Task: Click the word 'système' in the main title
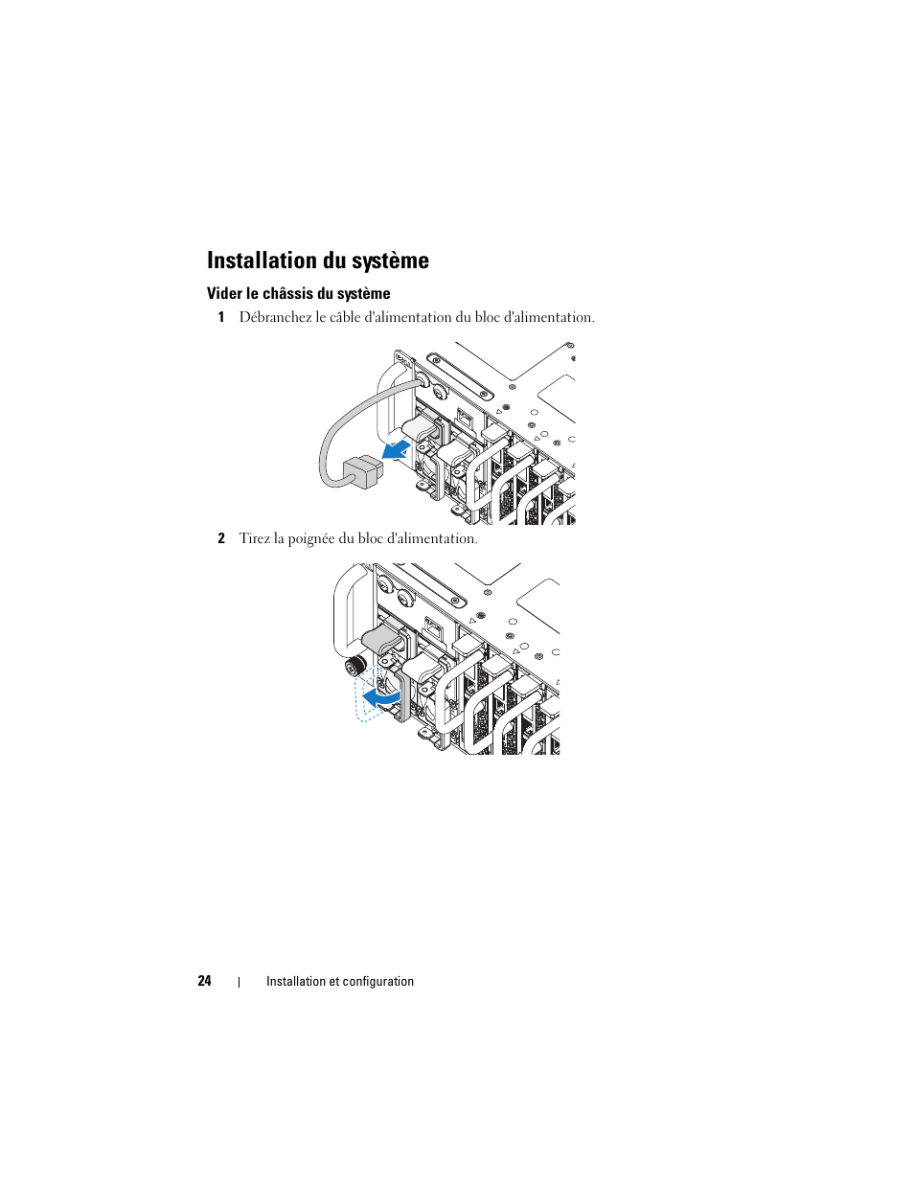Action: coord(389,262)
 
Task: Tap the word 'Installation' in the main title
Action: coord(262,262)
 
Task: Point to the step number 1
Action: coord(220,318)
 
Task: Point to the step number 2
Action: coord(220,539)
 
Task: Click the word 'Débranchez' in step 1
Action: coord(275,318)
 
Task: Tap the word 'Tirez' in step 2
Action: coord(254,539)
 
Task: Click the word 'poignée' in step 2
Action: coord(310,539)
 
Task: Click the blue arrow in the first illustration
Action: coord(396,449)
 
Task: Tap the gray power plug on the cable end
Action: coord(362,471)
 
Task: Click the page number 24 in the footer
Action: coord(204,981)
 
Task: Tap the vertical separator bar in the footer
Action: coord(239,982)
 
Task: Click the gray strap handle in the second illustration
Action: coord(383,639)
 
